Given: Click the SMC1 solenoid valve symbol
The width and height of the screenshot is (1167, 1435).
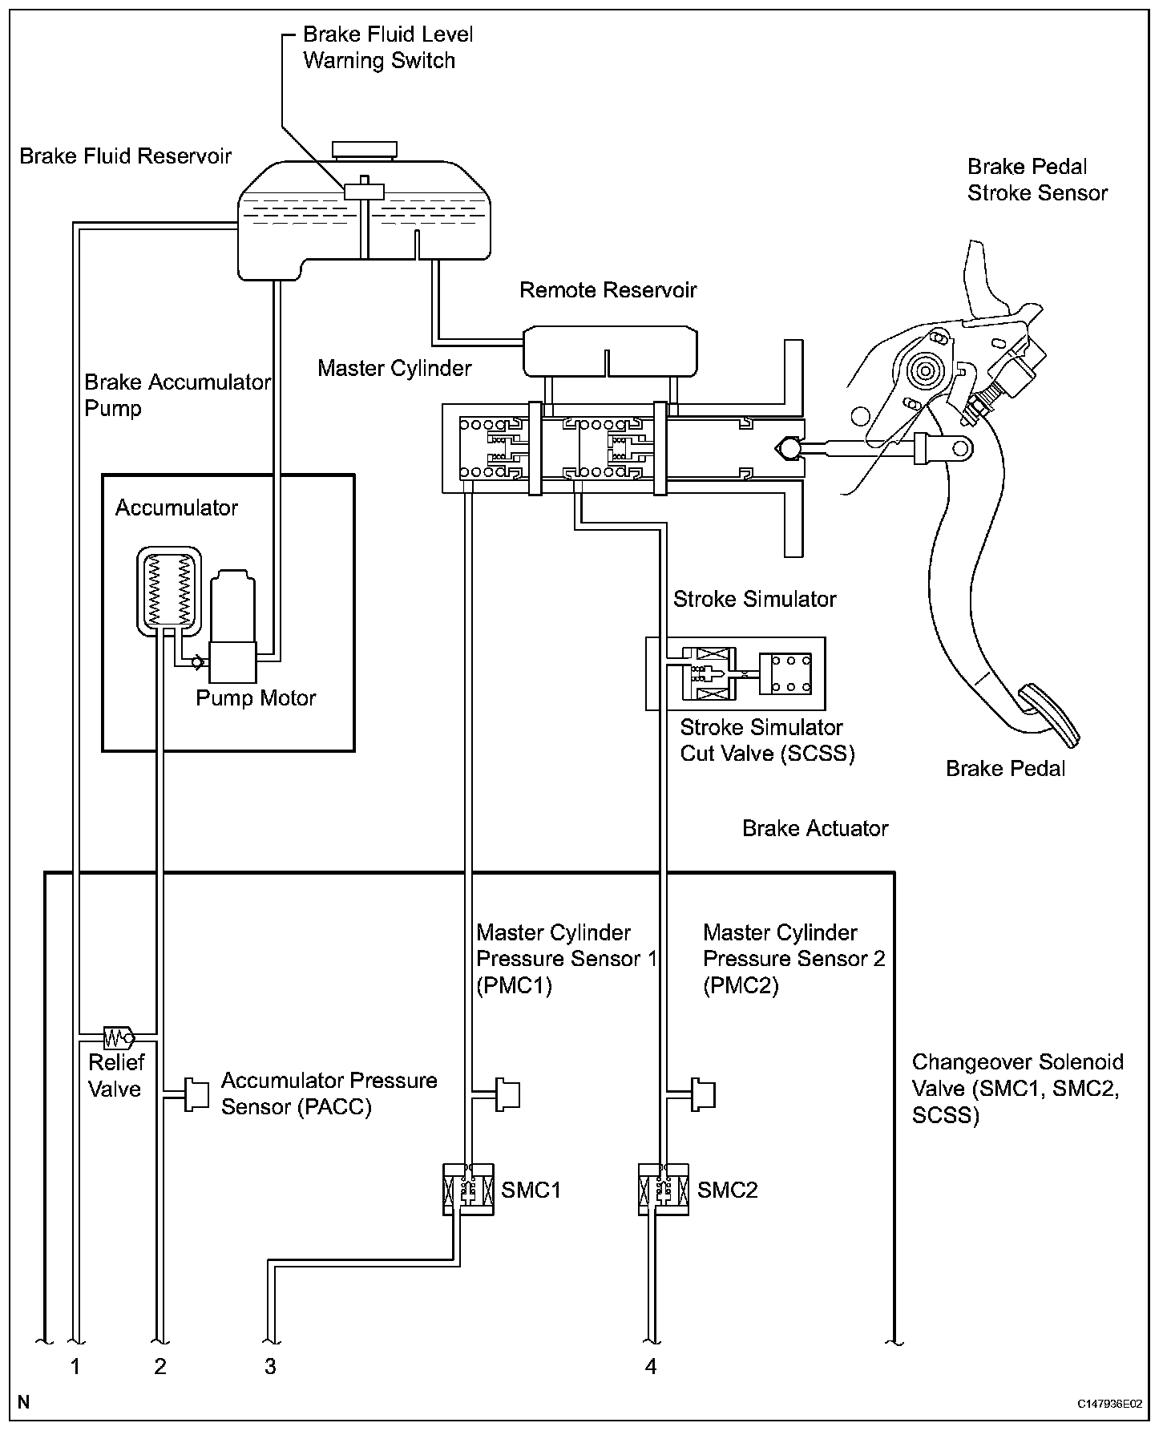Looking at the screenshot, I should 468,1189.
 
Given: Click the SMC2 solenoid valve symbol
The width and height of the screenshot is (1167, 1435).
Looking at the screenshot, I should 663,1189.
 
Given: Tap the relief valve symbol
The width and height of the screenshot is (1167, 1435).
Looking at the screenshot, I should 119,1037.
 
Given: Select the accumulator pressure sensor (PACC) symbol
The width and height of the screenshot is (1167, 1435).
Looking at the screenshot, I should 196,1094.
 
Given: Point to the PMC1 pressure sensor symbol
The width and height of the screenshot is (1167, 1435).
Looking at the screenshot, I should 507,1094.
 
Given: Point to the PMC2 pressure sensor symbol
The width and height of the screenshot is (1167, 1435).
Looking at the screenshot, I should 702,1094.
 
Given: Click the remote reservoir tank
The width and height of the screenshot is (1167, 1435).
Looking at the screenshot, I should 609,350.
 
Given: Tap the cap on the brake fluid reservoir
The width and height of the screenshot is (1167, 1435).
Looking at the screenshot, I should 365,150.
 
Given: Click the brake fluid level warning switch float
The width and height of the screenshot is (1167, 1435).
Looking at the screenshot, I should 364,192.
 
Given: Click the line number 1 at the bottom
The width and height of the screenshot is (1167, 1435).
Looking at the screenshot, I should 75,1366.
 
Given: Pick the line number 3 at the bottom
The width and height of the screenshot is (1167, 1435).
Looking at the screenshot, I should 270,1366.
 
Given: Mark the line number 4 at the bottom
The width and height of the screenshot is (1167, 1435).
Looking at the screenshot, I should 651,1366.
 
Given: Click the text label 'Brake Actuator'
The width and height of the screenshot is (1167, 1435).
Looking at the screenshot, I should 815,828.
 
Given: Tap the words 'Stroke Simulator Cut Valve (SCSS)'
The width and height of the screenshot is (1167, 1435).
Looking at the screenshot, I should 767,740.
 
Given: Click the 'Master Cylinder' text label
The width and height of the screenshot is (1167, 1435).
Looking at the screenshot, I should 394,368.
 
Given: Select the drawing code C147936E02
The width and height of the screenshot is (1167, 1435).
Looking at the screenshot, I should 1110,1405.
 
